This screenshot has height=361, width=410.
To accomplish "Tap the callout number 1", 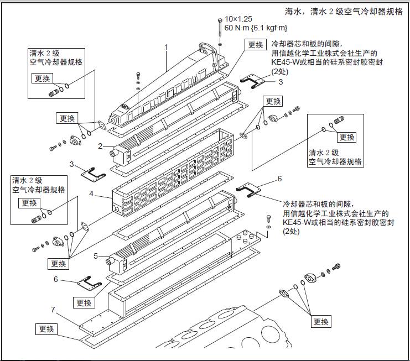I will [x=166, y=47].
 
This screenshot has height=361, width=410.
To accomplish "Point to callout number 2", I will [x=101, y=146].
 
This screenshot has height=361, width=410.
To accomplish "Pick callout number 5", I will [x=96, y=256].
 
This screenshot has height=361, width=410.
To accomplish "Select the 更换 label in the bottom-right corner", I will [x=321, y=321].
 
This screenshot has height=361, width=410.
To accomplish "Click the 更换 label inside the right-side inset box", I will [x=347, y=137].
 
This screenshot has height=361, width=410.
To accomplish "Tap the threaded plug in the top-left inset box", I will [x=55, y=91].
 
